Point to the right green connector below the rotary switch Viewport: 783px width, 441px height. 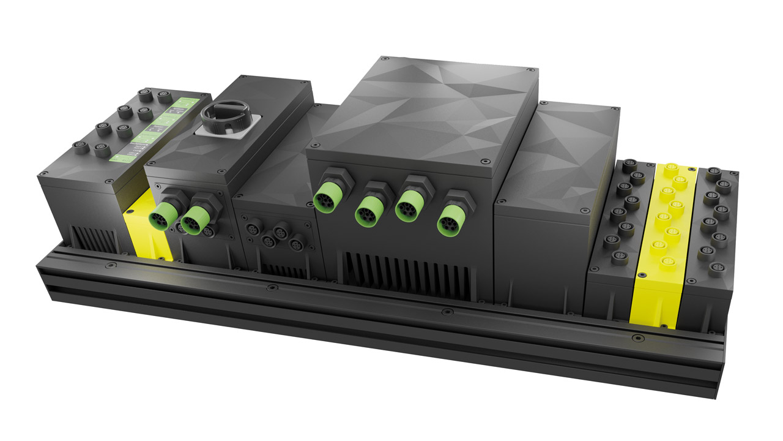(x=195, y=217)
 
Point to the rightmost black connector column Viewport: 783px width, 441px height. (x=716, y=221)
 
